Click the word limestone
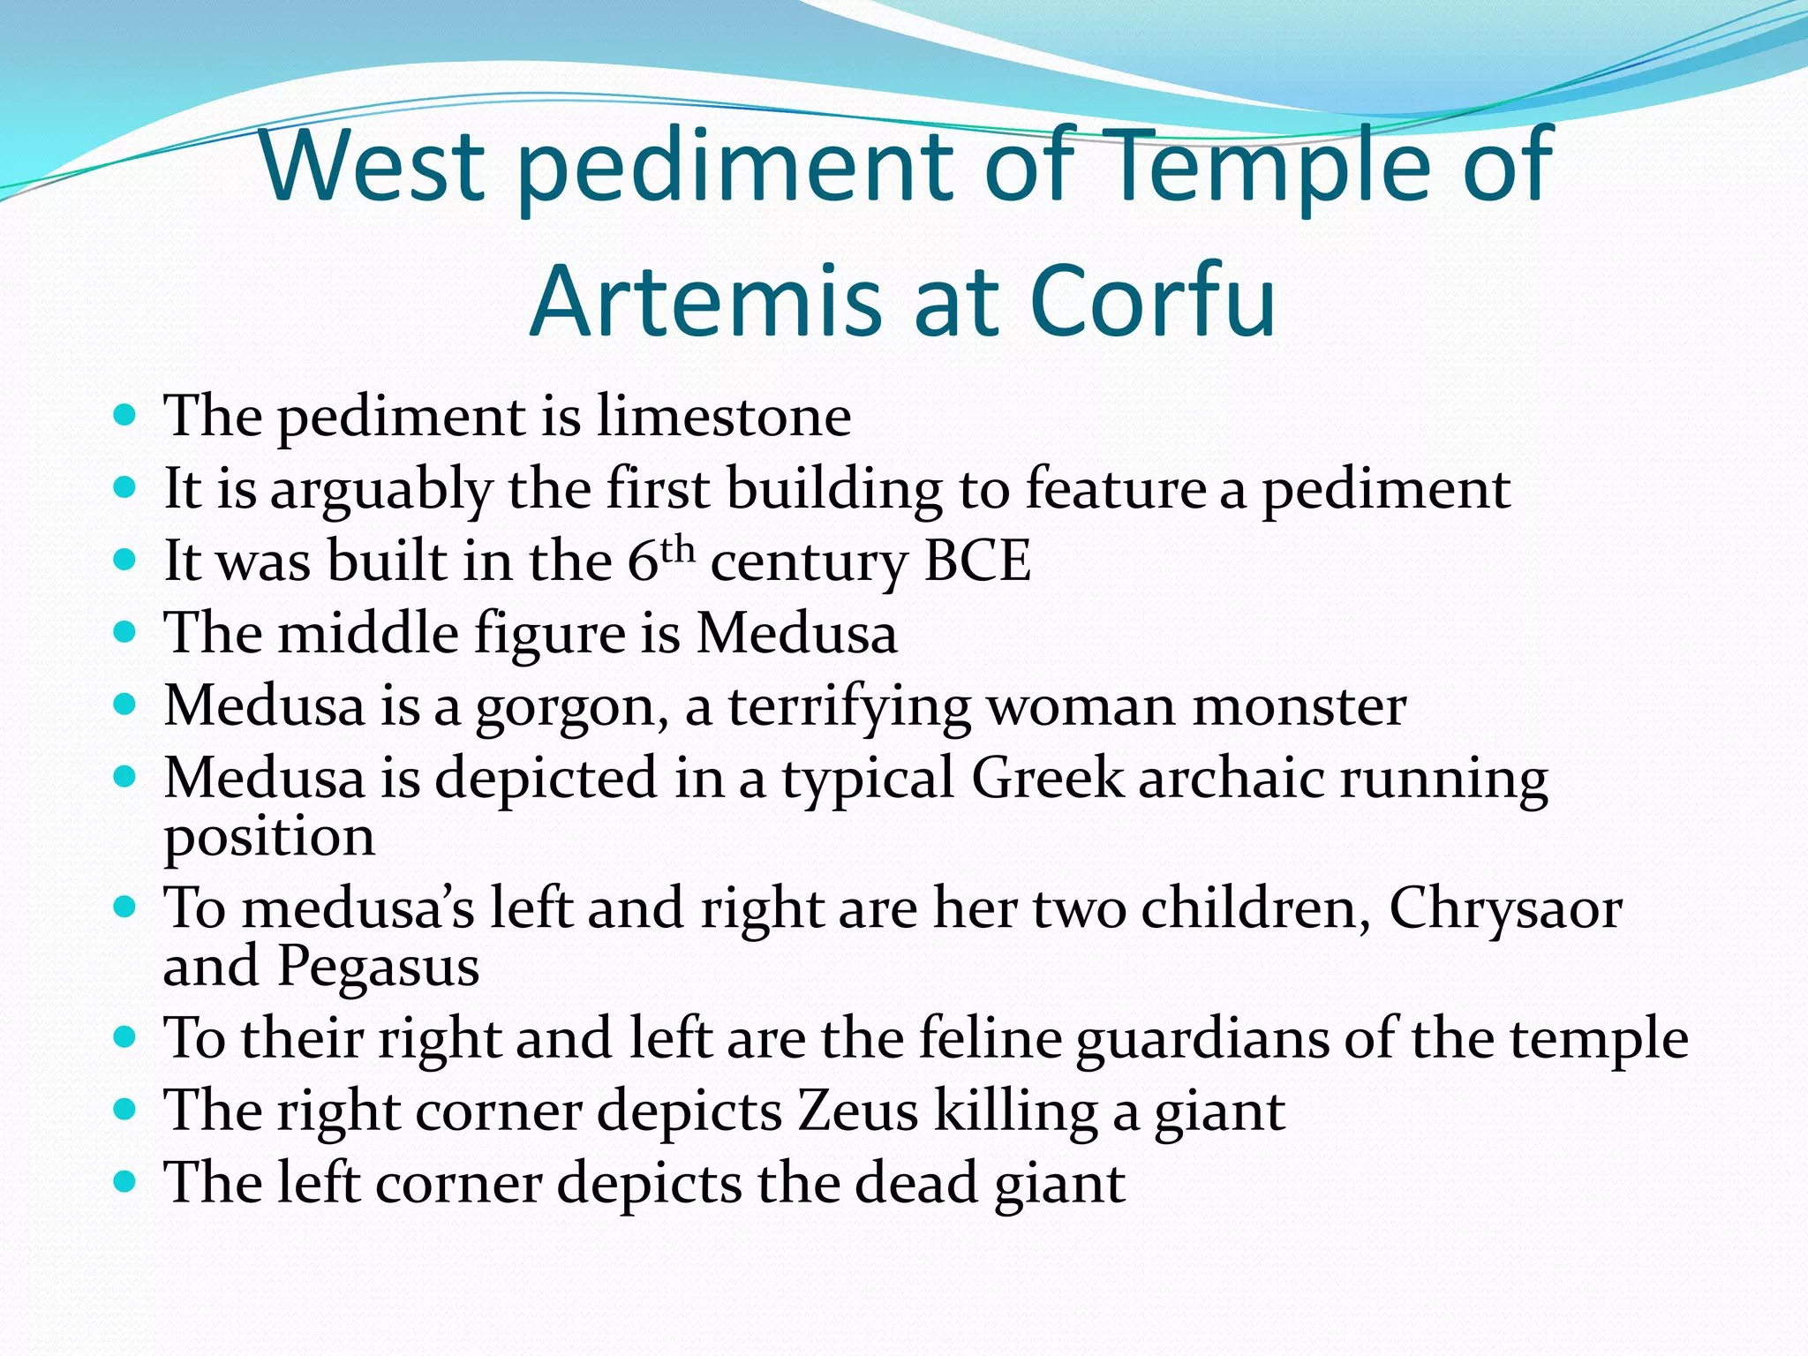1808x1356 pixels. [x=724, y=416]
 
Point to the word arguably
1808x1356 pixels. [x=380, y=491]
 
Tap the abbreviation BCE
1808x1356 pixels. [x=977, y=561]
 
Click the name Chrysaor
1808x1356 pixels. [x=1505, y=909]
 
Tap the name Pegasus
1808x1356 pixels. [x=379, y=966]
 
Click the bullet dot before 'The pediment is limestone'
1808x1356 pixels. [x=125, y=414]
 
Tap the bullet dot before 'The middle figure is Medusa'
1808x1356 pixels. [x=125, y=632]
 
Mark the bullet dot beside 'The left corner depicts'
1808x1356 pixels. [x=125, y=1181]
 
